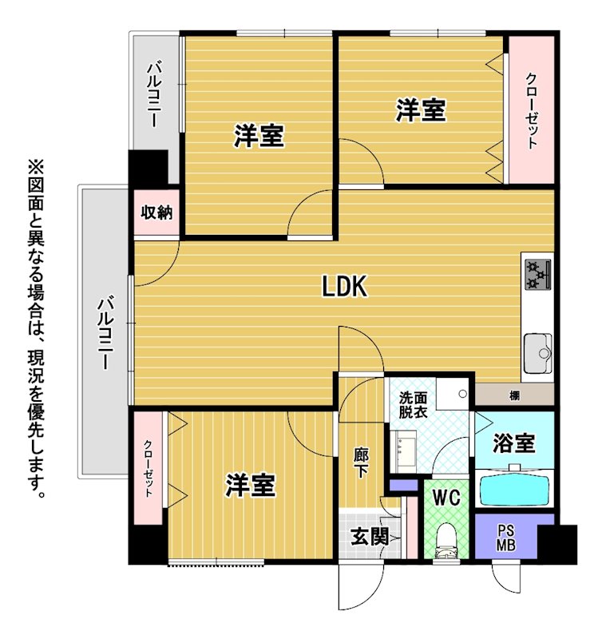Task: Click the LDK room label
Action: point(345,286)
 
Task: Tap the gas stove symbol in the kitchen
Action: point(537,275)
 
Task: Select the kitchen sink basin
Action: point(537,353)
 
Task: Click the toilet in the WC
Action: point(446,542)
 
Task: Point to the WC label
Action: point(446,497)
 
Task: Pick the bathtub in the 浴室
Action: point(514,488)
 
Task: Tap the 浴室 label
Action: point(514,443)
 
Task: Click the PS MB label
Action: point(506,538)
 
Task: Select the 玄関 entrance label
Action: point(370,536)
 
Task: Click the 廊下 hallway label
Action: point(361,462)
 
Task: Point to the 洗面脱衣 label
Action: point(413,405)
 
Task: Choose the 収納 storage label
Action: point(156,212)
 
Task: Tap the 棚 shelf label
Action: point(514,395)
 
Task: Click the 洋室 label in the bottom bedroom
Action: point(251,485)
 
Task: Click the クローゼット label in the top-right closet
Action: point(531,110)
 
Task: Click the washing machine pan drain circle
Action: point(463,394)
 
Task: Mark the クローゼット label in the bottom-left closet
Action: point(149,469)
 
